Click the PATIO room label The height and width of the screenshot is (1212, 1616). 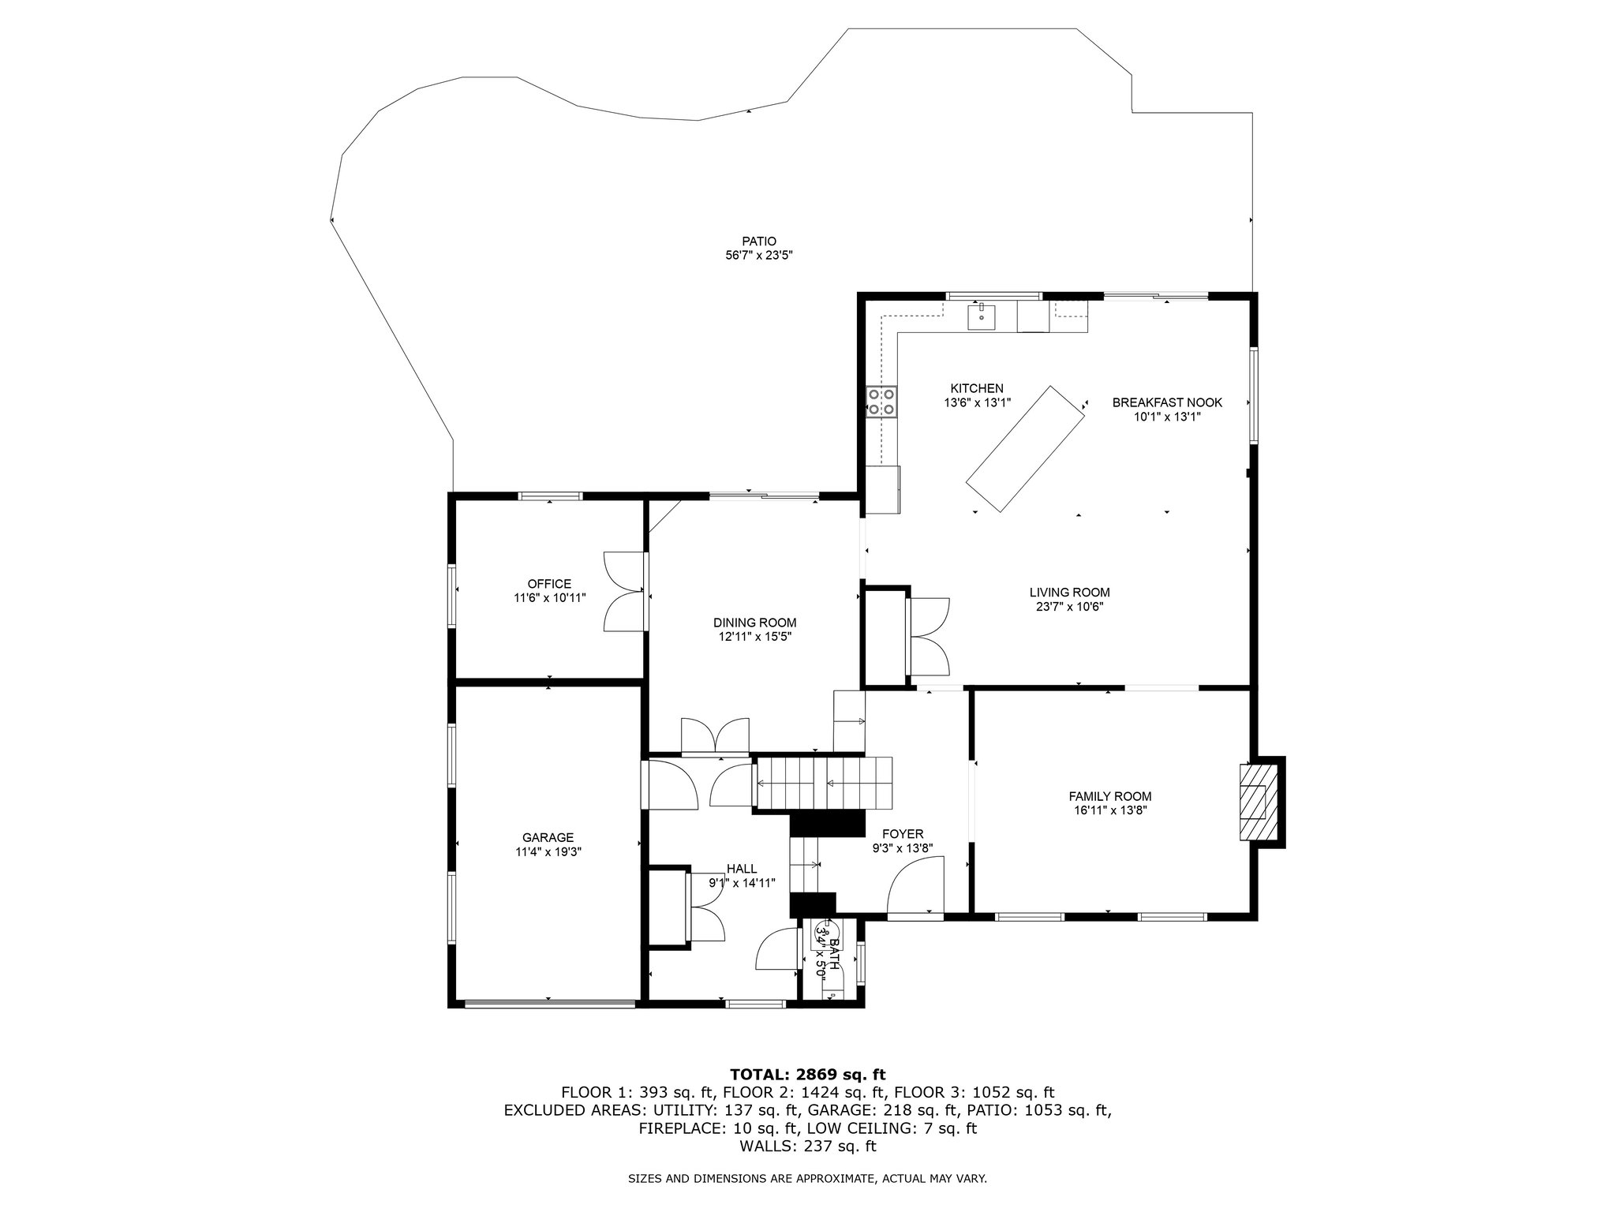(759, 241)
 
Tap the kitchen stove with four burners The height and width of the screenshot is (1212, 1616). (882, 401)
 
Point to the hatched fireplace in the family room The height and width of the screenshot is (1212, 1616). (1254, 803)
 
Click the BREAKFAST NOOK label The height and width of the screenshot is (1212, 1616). (1167, 402)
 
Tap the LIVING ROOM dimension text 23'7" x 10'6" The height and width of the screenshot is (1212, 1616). (1069, 607)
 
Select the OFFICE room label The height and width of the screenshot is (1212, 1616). (549, 584)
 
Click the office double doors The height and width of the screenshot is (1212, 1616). (625, 590)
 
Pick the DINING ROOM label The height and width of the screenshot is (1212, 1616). (755, 622)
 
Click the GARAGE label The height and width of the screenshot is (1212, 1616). (548, 837)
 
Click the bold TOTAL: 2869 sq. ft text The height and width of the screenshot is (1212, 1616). (808, 1074)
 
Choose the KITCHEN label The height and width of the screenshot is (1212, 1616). (977, 388)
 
